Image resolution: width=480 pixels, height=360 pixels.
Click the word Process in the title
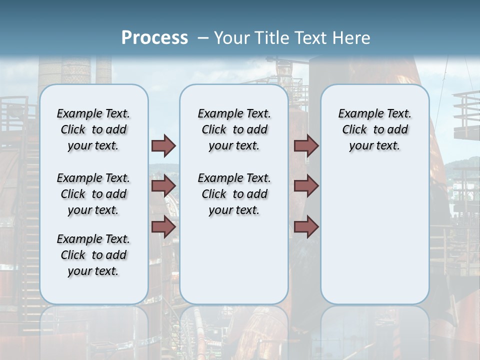(x=154, y=37)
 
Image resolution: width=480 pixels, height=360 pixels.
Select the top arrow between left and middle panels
(x=163, y=146)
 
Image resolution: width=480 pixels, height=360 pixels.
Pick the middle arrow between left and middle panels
(x=163, y=186)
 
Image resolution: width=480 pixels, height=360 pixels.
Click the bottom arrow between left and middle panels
(x=163, y=226)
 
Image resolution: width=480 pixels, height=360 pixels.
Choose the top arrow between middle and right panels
(x=306, y=146)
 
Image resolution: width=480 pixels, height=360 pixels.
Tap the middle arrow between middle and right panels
(x=306, y=186)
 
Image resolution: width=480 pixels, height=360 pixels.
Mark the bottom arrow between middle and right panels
(x=306, y=226)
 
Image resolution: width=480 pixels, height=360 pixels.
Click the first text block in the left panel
(x=93, y=129)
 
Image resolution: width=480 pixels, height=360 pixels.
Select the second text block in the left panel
(x=93, y=194)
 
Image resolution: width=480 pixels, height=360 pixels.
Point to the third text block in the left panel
(x=93, y=255)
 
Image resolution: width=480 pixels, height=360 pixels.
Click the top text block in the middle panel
(x=234, y=129)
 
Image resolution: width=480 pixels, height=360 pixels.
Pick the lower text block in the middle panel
(x=234, y=194)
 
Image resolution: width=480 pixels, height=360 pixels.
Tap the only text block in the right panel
(x=374, y=129)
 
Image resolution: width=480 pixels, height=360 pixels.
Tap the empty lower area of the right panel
(x=374, y=240)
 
